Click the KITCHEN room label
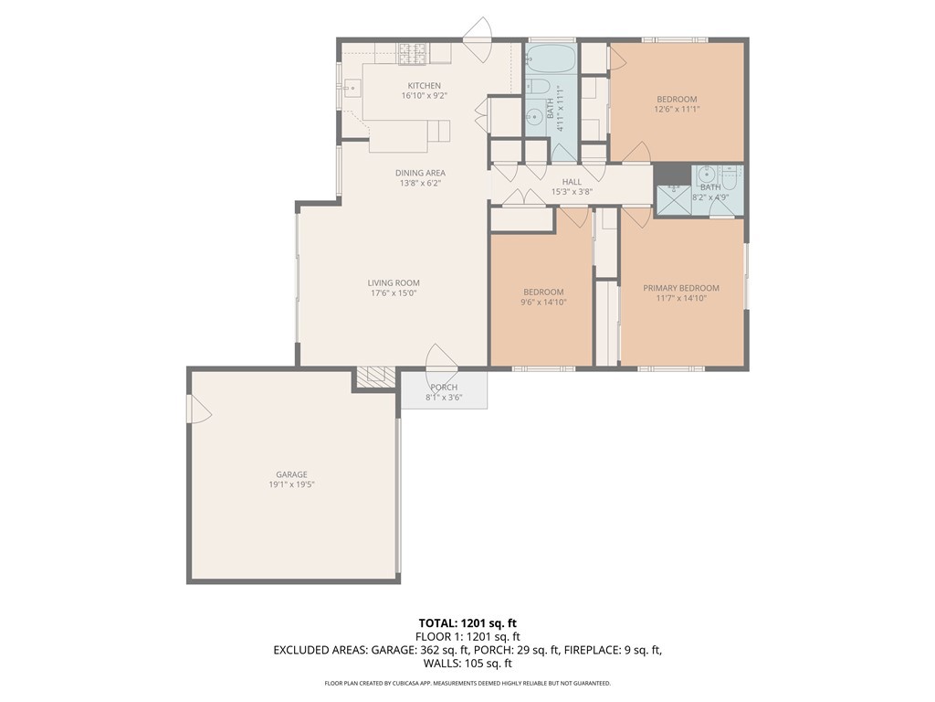(424, 85)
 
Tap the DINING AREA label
(420, 173)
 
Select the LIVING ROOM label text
(394, 283)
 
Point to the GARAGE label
(291, 474)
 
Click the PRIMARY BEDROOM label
(681, 288)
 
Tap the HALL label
(572, 182)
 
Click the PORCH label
(445, 388)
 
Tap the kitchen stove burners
(414, 53)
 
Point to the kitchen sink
(351, 89)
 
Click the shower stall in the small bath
(674, 200)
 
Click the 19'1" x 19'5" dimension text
(291, 484)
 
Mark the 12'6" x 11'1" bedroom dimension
(677, 110)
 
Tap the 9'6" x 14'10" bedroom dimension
(543, 302)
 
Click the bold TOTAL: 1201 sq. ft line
(467, 623)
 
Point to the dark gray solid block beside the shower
(673, 174)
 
